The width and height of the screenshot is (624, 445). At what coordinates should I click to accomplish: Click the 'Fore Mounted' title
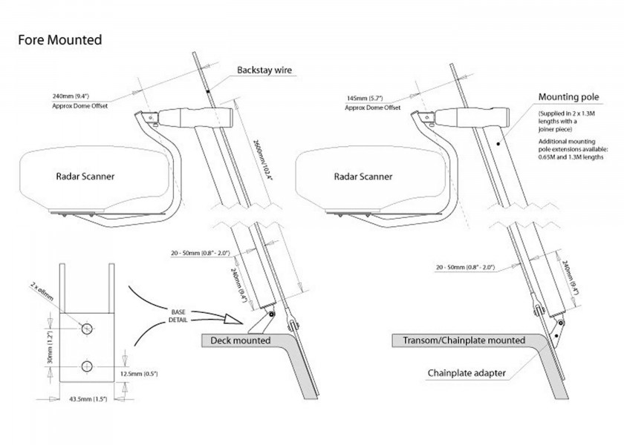[x=60, y=40]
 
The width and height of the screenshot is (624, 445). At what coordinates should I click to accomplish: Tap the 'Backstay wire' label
[x=264, y=70]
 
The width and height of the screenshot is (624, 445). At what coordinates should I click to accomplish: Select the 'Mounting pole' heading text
[x=568, y=97]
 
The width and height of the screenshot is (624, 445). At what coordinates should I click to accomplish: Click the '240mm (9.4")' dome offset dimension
[x=71, y=96]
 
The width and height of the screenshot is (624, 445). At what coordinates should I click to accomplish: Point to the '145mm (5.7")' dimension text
[x=365, y=98]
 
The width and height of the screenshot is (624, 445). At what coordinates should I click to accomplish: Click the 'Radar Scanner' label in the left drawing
[x=85, y=177]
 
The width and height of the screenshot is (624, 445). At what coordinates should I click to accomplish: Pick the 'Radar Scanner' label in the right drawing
[x=363, y=177]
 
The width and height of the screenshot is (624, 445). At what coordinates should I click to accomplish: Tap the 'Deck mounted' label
[x=241, y=340]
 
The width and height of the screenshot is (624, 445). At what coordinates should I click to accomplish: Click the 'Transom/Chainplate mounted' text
[x=464, y=340]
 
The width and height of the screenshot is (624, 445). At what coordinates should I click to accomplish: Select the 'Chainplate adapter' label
[x=467, y=373]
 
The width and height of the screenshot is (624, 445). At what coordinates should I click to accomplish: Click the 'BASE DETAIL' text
[x=178, y=316]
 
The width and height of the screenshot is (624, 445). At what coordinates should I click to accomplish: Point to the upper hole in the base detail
[x=87, y=329]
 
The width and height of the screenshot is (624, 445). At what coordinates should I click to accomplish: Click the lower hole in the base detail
[x=87, y=366]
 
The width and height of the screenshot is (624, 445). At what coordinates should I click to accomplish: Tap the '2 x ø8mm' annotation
[x=42, y=291]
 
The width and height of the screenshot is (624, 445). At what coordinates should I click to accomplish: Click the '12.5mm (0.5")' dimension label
[x=139, y=374]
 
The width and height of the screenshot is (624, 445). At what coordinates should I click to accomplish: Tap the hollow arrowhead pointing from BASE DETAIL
[x=233, y=319]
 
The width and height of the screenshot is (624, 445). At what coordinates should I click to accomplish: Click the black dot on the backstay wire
[x=208, y=92]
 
